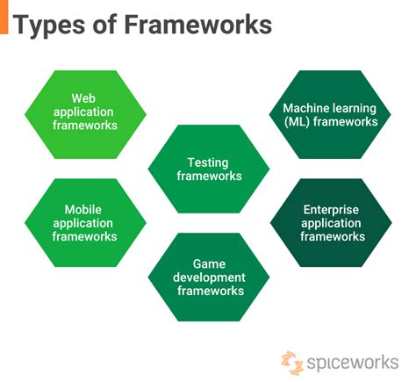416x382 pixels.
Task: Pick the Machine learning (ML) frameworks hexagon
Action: pyautogui.click(x=330, y=114)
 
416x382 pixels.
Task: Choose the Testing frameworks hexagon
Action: pyautogui.click(x=209, y=169)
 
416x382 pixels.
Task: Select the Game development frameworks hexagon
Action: pyautogui.click(x=209, y=277)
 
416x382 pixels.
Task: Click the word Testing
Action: pyautogui.click(x=209, y=162)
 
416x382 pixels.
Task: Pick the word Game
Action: pyautogui.click(x=209, y=263)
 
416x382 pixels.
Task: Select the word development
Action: pyautogui.click(x=209, y=277)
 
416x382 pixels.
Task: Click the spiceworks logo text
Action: pyautogui.click(x=351, y=361)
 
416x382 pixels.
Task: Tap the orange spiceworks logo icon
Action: pyautogui.click(x=293, y=361)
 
